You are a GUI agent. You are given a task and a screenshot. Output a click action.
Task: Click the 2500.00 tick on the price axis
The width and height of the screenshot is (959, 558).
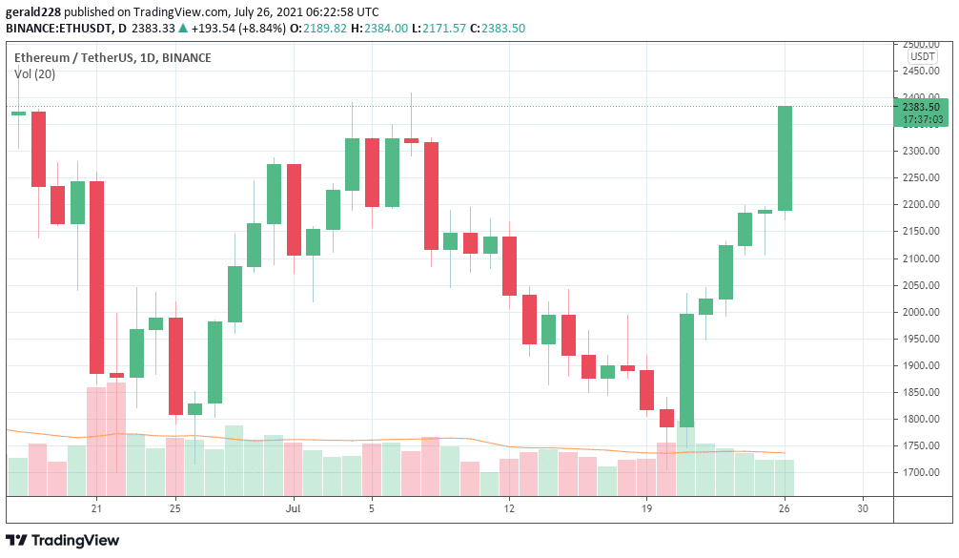point(921,44)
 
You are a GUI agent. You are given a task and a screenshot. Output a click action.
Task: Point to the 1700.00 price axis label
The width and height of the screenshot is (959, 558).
point(921,473)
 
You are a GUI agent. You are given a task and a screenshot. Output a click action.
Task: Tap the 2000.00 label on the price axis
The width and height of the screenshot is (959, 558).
point(921,312)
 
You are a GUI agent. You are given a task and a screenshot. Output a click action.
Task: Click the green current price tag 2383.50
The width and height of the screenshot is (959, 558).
point(922,107)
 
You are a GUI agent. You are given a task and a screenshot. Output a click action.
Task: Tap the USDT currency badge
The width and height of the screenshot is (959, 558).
point(922,56)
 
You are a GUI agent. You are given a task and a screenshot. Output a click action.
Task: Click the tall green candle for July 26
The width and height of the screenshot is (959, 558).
point(786,158)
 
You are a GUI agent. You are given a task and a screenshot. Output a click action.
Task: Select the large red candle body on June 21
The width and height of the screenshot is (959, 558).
point(96,277)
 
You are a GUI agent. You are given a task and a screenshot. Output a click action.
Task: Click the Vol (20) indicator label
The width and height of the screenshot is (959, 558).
point(34,74)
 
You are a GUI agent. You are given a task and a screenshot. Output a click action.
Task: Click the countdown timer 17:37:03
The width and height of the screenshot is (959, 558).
point(924,120)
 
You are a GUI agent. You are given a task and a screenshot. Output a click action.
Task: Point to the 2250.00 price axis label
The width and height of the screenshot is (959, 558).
point(921,178)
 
